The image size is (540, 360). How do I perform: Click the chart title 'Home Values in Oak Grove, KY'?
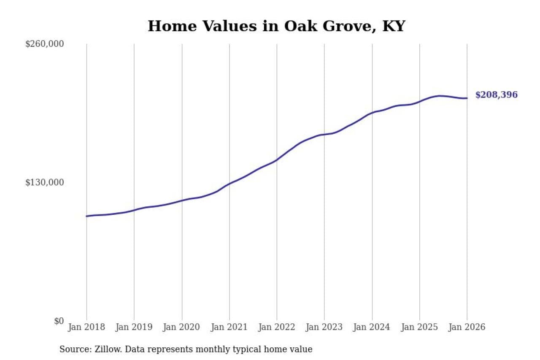pos(276,26)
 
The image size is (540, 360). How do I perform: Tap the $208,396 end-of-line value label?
pos(496,95)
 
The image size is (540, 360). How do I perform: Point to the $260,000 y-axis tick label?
pos(44,44)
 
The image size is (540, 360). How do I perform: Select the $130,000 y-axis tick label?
pos(44,182)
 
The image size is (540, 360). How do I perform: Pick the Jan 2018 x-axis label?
pos(86,327)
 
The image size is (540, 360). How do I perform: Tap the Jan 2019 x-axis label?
pos(134,327)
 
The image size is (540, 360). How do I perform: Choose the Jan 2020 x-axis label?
pos(182,327)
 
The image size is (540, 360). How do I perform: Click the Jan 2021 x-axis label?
pos(229,327)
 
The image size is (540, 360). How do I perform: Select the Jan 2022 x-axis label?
pos(277,327)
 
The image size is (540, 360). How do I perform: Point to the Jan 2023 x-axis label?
pos(324,327)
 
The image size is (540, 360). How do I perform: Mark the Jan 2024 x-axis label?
pos(372,327)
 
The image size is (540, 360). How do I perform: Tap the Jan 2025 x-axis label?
pos(420,327)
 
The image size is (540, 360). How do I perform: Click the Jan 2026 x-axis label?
pos(467,327)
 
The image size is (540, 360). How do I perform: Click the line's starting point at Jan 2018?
pos(86,216)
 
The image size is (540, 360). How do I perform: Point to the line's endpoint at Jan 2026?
pos(467,98)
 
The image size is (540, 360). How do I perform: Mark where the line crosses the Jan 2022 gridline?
pos(277,160)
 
